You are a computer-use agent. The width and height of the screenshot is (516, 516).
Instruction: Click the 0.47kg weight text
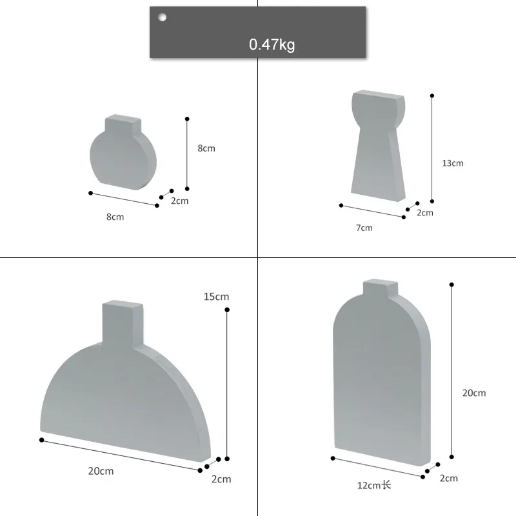[272, 45]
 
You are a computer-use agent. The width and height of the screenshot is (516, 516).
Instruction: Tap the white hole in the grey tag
[163, 17]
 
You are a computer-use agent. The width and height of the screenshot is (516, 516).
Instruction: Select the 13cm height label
[453, 163]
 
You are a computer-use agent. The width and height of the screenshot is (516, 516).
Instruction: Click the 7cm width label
[364, 228]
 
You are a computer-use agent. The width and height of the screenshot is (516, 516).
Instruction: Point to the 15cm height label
[216, 297]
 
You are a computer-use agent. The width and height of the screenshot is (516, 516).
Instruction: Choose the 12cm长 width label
[374, 485]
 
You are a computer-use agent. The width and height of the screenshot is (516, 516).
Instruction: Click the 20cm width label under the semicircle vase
[101, 471]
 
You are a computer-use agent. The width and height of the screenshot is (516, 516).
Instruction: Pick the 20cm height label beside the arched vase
[474, 393]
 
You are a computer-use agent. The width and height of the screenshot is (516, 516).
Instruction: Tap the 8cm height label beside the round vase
[206, 148]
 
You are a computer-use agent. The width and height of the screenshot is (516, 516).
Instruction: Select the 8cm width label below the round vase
[115, 217]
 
